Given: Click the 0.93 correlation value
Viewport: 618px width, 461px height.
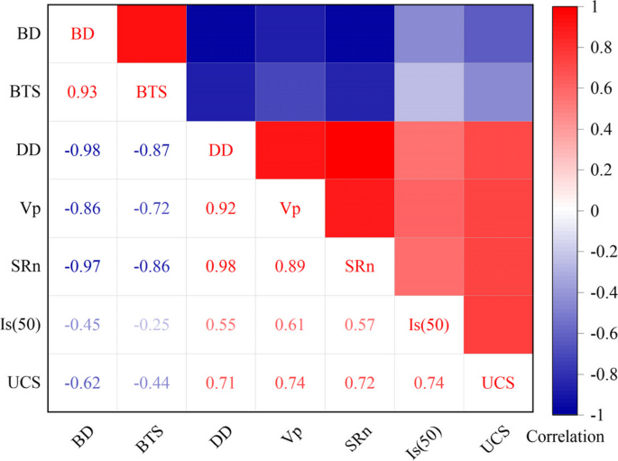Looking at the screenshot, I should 83,92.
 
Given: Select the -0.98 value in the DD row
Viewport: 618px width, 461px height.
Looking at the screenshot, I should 83,151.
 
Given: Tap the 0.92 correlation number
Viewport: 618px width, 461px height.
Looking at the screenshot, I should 221,208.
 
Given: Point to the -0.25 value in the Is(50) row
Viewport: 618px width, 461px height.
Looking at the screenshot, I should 152,325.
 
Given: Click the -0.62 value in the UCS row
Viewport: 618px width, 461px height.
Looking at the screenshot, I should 83,383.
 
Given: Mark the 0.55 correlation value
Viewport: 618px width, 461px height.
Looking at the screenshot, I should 221,325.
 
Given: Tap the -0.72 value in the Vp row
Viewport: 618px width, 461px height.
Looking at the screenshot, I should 152,208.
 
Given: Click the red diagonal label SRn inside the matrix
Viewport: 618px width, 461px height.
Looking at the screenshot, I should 359,267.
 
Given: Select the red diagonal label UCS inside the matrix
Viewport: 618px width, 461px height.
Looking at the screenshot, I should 497,383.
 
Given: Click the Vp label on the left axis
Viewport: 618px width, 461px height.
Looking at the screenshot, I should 27,208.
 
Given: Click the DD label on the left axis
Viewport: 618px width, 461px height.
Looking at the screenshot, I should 27,151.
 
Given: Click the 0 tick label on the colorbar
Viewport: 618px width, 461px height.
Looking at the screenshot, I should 592,211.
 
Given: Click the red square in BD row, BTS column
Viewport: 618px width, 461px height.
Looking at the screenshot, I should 152,33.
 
